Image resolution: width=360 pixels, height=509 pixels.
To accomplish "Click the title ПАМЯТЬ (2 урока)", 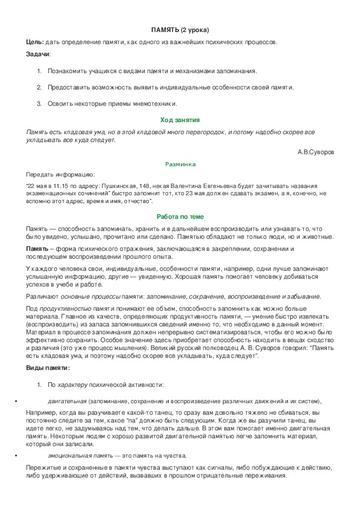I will [x=180, y=30].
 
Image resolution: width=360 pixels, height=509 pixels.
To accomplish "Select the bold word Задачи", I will [x=38, y=54].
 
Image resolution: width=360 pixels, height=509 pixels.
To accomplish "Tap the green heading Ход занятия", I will [x=180, y=120].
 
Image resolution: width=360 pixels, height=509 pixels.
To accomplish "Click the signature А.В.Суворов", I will [x=315, y=151].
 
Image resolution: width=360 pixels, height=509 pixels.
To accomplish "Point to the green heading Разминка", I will [x=180, y=164].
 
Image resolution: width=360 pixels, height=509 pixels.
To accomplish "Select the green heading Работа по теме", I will [x=180, y=216].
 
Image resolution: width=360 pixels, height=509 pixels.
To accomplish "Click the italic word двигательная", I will [x=67, y=401].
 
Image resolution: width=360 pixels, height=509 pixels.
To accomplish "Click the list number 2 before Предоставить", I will [x=39, y=87].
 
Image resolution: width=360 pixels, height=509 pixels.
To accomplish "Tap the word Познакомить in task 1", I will [x=68, y=71].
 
